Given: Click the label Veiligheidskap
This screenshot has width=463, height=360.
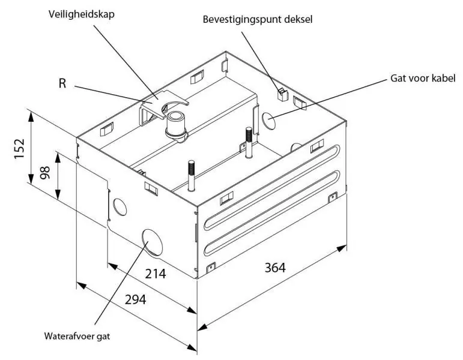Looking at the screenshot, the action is pos(82,14).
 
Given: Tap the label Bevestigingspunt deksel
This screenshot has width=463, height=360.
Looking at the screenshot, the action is pos(258,19).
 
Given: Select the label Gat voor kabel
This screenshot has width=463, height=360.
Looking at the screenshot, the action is pos(423,78).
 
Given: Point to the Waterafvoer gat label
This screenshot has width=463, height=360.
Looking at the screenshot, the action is pos(77,336).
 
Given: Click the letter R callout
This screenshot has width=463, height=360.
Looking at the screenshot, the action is pos(62,83).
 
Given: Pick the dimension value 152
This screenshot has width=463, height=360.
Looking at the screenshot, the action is pos(19,148).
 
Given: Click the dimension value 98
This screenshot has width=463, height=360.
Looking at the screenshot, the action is pos(45,172).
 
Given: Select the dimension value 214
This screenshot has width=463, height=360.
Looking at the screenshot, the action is pos(156,274).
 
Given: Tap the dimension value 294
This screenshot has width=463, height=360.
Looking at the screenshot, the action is pos(136,299).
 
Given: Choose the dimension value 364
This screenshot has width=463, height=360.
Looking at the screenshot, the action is pos(275,268).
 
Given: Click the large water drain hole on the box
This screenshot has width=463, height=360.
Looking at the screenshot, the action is pos(153,242).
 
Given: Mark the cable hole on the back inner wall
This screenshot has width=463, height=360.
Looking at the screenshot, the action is pos(268,121).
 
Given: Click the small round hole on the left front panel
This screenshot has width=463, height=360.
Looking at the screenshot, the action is pos(120,207).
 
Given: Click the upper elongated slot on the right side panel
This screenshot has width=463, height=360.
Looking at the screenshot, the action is pos(271,187).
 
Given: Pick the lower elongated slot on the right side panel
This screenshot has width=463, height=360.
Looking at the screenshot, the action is pos(271,213).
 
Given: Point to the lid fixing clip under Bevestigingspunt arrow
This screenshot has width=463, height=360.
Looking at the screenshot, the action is pos(283,94).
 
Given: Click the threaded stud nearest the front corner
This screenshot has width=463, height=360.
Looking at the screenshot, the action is pos(192,176).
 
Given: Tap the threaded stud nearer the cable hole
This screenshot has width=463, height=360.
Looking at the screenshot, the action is pos(249,143).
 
